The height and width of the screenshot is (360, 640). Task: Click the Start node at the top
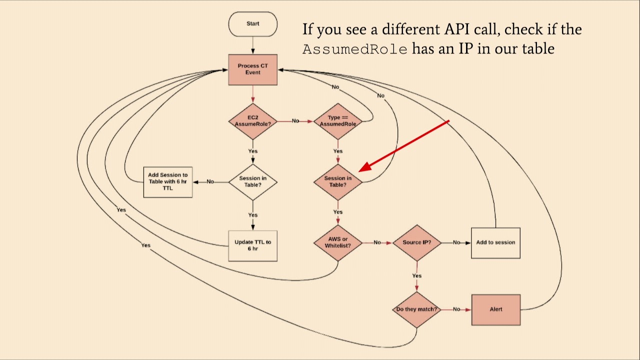[x=252, y=24]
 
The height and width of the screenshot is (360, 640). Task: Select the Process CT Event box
[x=252, y=69]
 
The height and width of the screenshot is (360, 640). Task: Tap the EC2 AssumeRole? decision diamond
[x=252, y=121]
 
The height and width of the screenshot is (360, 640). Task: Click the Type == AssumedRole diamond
[x=338, y=121]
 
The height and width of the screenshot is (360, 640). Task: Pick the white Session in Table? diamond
[x=252, y=181]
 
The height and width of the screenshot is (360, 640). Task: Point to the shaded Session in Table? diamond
[x=338, y=181]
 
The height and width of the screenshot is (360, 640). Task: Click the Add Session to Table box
[x=167, y=182]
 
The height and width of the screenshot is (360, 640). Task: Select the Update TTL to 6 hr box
[x=252, y=245]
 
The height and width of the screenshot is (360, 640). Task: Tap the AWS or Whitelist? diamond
[x=338, y=242]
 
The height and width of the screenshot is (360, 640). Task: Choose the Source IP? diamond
[x=416, y=242]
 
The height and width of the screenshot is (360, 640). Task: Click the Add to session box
[x=495, y=243]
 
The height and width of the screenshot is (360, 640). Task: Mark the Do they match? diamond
[x=416, y=309]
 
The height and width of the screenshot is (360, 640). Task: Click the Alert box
[x=495, y=309]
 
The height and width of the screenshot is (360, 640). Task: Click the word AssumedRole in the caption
[x=354, y=49]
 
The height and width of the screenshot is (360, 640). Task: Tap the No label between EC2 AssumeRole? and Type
[x=295, y=121]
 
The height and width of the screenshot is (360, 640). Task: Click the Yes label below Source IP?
[x=416, y=276]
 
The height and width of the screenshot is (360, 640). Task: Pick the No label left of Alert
[x=456, y=309]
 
